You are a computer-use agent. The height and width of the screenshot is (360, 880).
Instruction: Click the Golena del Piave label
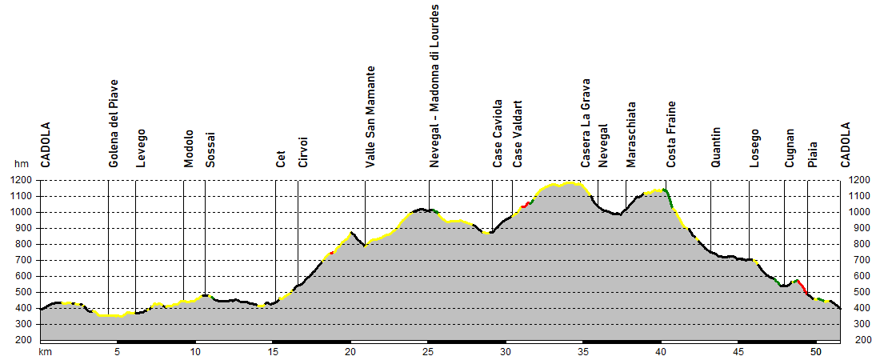pos(114,123)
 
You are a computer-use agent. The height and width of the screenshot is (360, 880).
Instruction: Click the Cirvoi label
pos(303,153)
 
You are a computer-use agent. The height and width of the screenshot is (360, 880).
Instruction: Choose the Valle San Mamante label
pos(370,117)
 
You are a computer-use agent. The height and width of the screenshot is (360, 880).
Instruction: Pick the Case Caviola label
pos(498,134)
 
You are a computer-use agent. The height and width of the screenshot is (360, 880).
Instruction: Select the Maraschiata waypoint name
pos(631,134)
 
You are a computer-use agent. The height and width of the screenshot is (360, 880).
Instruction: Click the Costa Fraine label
pos(672,134)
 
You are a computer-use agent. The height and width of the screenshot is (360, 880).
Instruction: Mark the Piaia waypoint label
pos(813,153)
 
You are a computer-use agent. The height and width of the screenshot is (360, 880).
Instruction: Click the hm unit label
pos(22,164)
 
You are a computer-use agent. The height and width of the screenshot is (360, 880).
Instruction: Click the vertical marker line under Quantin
pos(711,216)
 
